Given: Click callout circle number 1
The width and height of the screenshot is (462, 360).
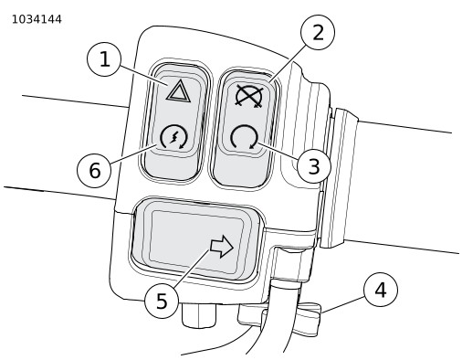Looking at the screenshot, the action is coord(104,59).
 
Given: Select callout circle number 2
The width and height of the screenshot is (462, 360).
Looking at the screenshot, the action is coord(318,32).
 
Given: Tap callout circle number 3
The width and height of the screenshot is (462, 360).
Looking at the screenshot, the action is coord(314,166).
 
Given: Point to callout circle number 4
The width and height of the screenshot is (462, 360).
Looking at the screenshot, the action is coord(381,290).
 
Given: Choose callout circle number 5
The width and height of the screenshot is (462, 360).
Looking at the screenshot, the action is coord(162,302).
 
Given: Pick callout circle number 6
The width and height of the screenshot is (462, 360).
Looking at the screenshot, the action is coord(94,170).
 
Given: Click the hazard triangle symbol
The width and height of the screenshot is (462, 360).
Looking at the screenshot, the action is coord(179,90).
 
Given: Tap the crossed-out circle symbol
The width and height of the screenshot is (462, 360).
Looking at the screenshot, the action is coord(249,96).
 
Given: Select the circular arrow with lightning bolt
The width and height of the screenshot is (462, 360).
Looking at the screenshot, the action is coord(173,137).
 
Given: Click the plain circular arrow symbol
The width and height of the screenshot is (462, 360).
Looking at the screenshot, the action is coord(245,137).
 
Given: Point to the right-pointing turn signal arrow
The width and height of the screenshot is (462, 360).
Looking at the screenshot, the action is coord(222,246).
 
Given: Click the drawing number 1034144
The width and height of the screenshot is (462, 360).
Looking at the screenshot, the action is coord(37,19).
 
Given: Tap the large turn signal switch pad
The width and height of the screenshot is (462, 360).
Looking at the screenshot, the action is coord(196,240).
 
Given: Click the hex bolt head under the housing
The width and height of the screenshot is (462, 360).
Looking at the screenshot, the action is coord(199,314).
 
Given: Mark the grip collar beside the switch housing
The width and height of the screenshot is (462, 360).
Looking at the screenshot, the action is coord(340,178).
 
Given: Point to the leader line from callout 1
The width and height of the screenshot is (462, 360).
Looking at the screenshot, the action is coord(143,75).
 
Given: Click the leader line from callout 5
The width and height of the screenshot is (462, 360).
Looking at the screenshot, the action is coord(191,269).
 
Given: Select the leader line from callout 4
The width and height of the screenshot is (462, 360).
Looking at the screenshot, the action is coord(343,304).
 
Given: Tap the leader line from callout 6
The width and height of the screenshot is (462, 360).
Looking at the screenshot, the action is coord(133,154).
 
